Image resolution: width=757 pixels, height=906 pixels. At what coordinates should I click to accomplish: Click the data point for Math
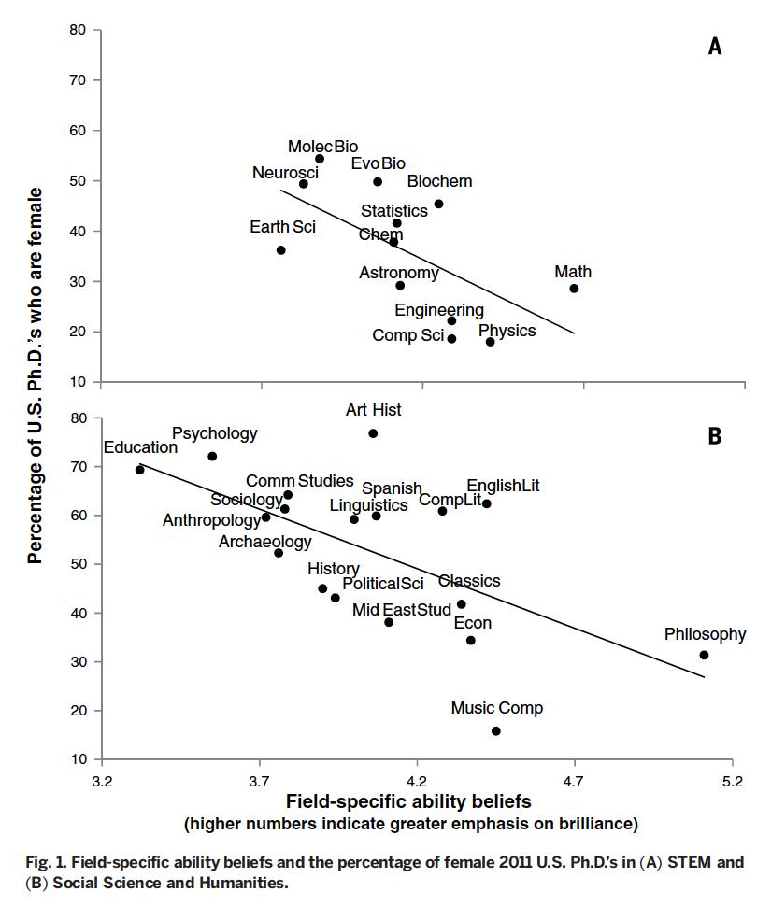(x=574, y=289)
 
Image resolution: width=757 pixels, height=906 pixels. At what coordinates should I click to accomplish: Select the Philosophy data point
(x=704, y=656)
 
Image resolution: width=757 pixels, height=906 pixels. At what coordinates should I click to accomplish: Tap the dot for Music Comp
(x=495, y=731)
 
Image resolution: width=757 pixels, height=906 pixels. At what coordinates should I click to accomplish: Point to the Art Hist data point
(x=373, y=433)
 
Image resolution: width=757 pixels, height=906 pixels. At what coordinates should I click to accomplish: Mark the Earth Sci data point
(x=280, y=250)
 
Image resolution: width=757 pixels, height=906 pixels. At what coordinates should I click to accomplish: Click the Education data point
(x=139, y=470)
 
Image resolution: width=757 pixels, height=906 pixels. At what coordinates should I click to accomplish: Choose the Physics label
(x=507, y=331)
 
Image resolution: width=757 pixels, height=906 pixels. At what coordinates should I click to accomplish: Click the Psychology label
(x=214, y=433)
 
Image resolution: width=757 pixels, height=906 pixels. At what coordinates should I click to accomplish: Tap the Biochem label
(x=439, y=181)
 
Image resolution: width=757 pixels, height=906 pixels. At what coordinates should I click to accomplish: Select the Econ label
(x=472, y=623)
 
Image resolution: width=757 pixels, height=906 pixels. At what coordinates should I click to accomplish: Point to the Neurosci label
(x=285, y=173)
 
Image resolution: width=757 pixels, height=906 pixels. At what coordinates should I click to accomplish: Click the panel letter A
(x=715, y=47)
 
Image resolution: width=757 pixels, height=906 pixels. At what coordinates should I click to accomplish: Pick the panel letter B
(x=715, y=436)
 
